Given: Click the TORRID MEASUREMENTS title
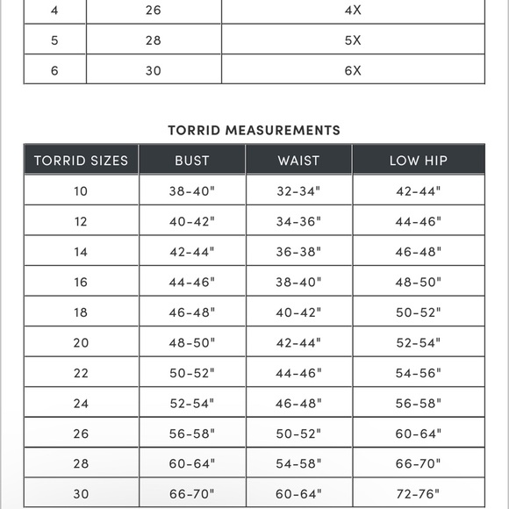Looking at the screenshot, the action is [x=254, y=130].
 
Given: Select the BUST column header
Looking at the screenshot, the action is [x=191, y=161].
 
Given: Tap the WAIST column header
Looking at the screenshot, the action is [x=298, y=161].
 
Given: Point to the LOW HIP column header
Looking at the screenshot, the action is [x=419, y=161].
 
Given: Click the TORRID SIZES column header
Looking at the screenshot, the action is [x=81, y=161].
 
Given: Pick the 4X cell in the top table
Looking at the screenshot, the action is [x=353, y=11].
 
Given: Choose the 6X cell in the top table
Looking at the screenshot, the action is [x=353, y=70].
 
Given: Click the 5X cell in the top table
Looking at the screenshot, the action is [x=353, y=40].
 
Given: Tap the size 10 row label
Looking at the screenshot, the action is [x=81, y=191].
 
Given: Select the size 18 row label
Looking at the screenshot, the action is [x=81, y=312].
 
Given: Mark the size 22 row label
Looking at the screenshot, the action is [x=81, y=373].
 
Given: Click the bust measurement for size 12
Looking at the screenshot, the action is [x=191, y=222].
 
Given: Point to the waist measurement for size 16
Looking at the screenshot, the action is [x=298, y=283].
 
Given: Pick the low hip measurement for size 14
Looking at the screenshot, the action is [x=419, y=252].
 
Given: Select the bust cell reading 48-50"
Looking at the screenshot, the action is [x=191, y=343].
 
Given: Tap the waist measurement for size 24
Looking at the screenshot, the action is [x=298, y=403].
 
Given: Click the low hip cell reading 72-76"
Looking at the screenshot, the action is [x=419, y=494].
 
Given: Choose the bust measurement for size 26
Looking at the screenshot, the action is [x=191, y=434].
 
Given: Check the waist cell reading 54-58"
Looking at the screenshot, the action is [x=298, y=463].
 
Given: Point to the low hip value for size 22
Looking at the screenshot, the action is [x=419, y=373].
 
